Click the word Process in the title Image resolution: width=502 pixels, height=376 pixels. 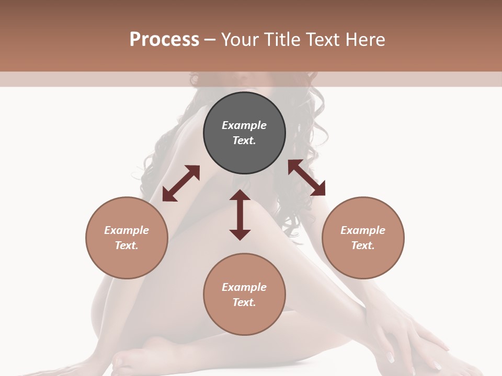pos(164,40)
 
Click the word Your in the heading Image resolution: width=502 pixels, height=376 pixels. pos(241,40)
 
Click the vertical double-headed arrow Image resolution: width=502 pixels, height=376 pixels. pos(240,215)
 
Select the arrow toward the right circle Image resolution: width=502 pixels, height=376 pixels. pos(306,178)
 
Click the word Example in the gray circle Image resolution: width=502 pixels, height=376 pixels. pos(244,125)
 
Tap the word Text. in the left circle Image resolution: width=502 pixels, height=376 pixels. pos(127,245)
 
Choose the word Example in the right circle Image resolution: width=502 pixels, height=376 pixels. pos(363,230)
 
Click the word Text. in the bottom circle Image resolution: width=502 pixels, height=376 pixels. pos(244,302)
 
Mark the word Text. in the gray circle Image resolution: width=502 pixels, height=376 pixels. pos(244,140)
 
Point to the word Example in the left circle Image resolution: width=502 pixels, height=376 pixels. pos(127,230)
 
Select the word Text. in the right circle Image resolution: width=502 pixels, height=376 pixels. pos(363,245)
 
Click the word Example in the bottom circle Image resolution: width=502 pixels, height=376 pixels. pos(244,287)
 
